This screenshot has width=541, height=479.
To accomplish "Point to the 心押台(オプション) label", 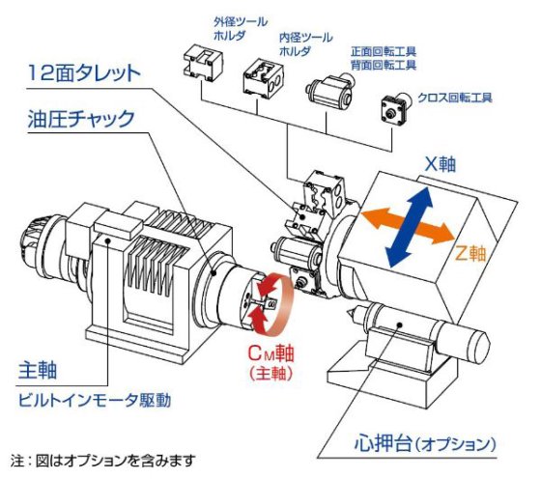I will pyautogui.click(x=426, y=445).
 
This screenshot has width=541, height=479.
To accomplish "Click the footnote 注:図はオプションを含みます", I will pyautogui.click(x=103, y=460).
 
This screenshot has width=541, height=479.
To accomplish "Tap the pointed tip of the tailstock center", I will pyautogui.click(x=349, y=312).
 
